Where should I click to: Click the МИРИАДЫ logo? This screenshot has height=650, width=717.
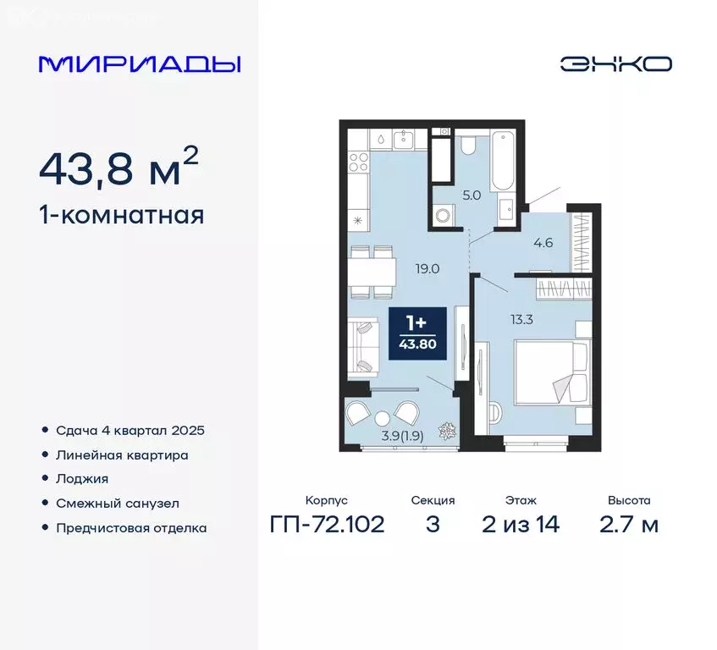coord(140,64)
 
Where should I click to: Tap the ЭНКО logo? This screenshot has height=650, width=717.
coord(615,64)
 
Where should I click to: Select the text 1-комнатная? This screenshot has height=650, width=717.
coord(121,215)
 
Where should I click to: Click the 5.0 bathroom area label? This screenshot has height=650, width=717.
coord(471,195)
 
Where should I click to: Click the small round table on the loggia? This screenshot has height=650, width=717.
coord(382,417)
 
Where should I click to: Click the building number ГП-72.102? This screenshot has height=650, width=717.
coord(327,524)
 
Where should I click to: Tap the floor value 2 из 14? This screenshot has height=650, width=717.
coord(520,524)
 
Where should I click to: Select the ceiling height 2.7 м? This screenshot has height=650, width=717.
coord(629,524)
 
